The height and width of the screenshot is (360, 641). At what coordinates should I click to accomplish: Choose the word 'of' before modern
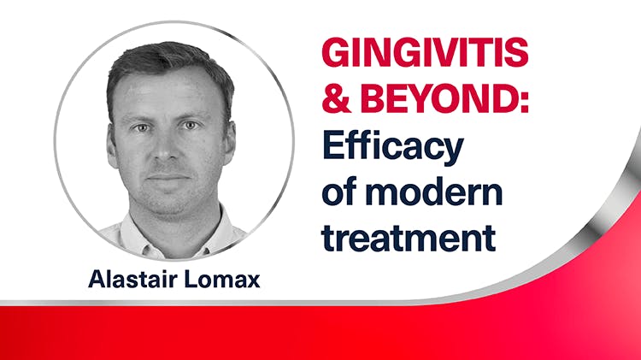338,192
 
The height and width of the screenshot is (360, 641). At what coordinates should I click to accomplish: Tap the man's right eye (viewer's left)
148,127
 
